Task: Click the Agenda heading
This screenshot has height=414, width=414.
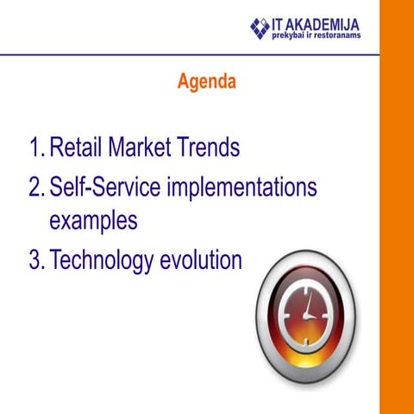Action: [x=206, y=83]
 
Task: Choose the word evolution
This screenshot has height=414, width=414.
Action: [x=201, y=260]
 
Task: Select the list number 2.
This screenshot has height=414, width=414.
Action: [x=35, y=187]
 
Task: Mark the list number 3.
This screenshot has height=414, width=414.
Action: [x=35, y=260]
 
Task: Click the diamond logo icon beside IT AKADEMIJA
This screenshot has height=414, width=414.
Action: [x=260, y=28]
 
